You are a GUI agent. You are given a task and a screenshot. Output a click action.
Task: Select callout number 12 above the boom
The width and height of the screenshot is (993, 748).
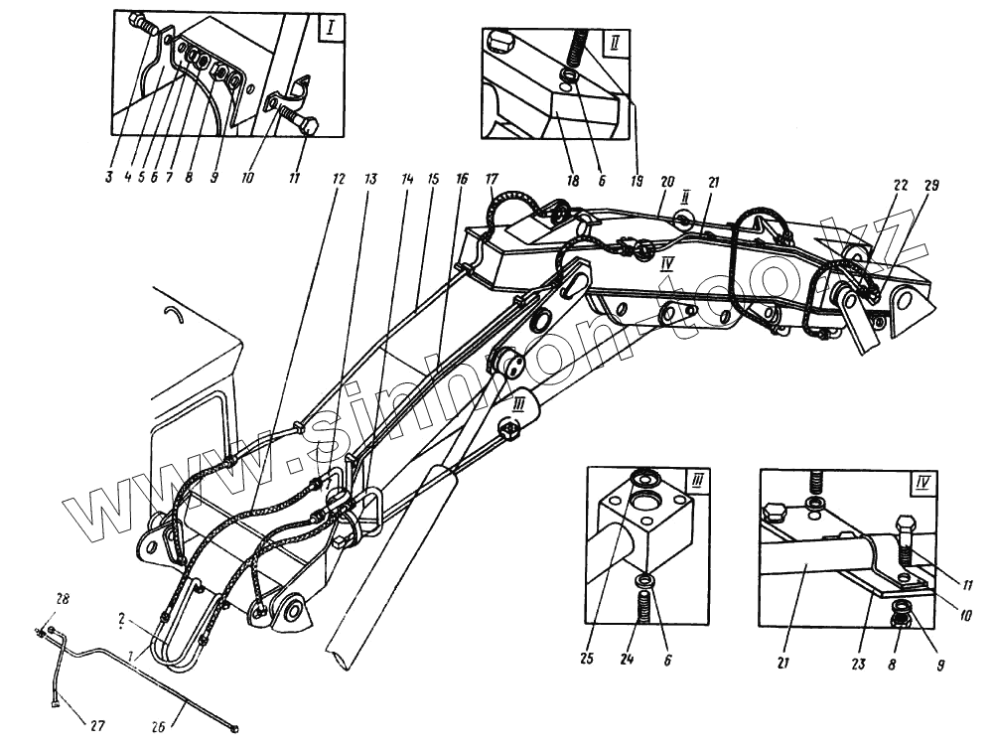(x=339, y=180)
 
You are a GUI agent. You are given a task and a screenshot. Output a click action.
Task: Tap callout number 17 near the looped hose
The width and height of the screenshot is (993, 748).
(x=491, y=180)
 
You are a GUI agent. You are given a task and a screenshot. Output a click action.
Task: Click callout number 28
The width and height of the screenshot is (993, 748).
(x=63, y=599)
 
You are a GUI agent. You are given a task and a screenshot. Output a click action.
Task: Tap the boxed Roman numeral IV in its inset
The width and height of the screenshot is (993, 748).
(x=922, y=484)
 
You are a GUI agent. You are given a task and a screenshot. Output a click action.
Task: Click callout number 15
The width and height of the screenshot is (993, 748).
(x=433, y=180)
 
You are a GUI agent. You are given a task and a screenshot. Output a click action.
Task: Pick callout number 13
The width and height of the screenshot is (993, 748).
(x=370, y=180)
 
